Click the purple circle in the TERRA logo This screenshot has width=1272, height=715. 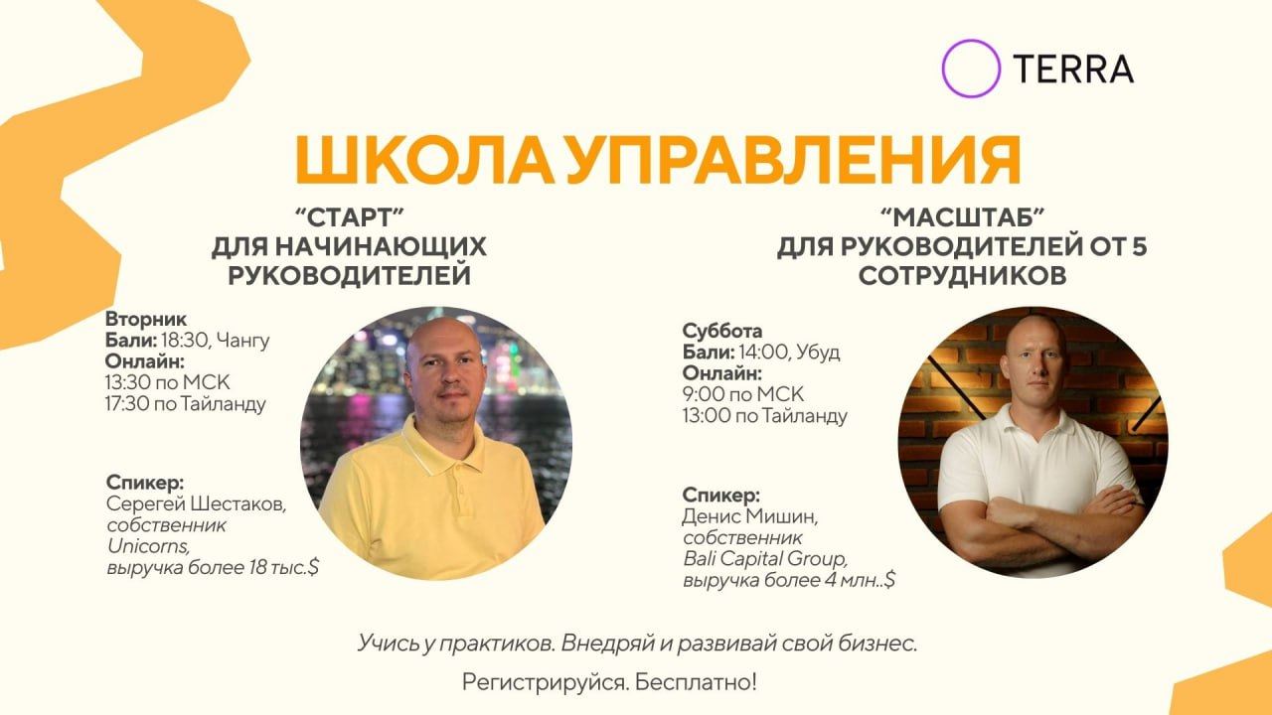[x=970, y=68]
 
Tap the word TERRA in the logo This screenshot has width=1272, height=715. [x=1072, y=69]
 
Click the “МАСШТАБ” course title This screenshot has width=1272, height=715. [x=962, y=216]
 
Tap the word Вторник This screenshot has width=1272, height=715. [x=145, y=321]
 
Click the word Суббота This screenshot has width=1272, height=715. [x=722, y=332]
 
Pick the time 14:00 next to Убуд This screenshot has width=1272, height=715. [x=762, y=353]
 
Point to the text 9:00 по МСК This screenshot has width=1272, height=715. [x=742, y=394]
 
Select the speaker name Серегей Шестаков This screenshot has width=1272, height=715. [x=196, y=504]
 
